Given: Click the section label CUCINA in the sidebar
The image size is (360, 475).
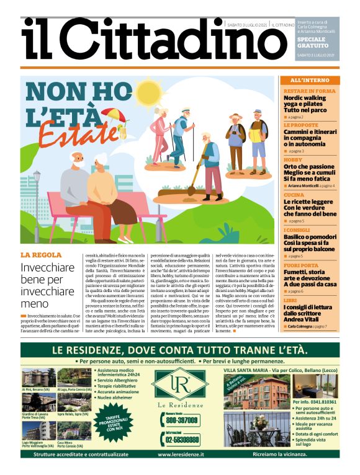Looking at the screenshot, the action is pos(294,194).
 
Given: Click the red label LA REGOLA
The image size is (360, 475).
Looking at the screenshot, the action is pos(41,255).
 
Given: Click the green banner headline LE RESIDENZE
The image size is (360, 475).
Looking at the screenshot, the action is pos(179,350).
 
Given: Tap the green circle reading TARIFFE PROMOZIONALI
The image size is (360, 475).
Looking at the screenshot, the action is pos(126,427).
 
